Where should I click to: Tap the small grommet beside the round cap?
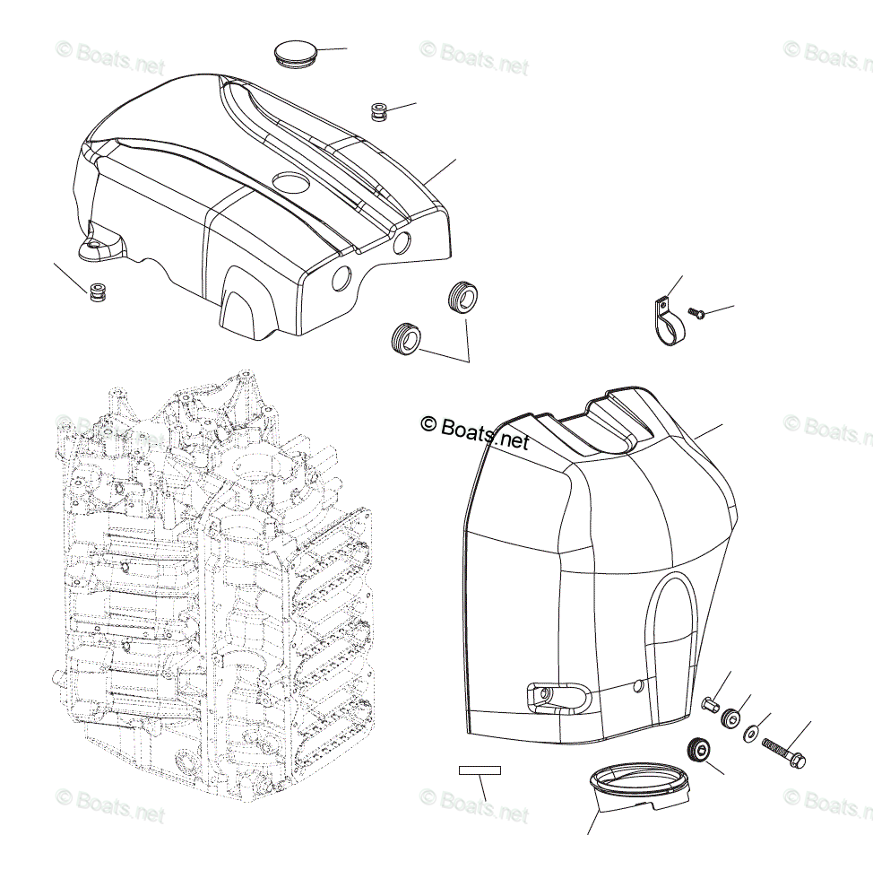379,112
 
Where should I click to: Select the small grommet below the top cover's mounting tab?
98,291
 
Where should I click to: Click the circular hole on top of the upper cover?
290,183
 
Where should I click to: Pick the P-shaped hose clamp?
665,321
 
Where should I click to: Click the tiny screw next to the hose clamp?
699,313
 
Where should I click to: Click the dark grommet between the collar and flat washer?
732,718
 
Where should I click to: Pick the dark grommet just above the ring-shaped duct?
695,748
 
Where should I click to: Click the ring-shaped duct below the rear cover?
640,784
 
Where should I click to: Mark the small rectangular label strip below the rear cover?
480,770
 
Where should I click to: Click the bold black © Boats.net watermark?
475,431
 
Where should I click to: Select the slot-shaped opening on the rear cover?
556,697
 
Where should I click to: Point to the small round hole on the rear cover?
637,686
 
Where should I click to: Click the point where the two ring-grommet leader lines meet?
470,361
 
